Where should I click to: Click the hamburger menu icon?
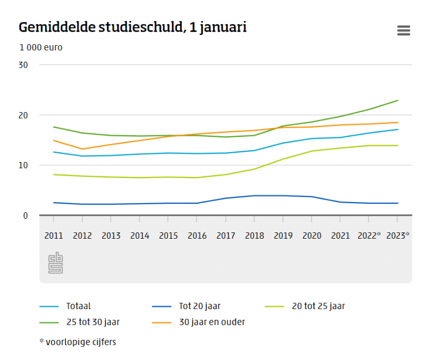(x=403, y=31)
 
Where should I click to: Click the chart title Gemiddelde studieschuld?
(x=132, y=27)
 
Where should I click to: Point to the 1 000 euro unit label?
(x=41, y=48)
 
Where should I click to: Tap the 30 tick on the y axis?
(x=23, y=65)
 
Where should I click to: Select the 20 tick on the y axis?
(x=23, y=115)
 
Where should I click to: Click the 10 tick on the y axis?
(x=23, y=165)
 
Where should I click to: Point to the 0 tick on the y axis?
(x=25, y=216)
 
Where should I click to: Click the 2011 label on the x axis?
(x=53, y=236)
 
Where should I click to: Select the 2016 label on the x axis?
(x=197, y=236)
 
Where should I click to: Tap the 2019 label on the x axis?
(x=283, y=236)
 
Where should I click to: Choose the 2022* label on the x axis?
(x=370, y=236)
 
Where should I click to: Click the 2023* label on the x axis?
(x=398, y=236)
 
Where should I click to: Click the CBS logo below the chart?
(x=56, y=263)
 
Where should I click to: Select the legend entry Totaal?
(x=78, y=306)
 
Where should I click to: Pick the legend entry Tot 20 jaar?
(x=201, y=306)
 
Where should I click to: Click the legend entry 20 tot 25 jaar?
(x=318, y=306)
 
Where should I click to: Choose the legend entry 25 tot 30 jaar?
(x=93, y=322)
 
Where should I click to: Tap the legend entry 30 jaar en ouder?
(x=212, y=322)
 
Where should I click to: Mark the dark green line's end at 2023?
(x=398, y=100)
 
